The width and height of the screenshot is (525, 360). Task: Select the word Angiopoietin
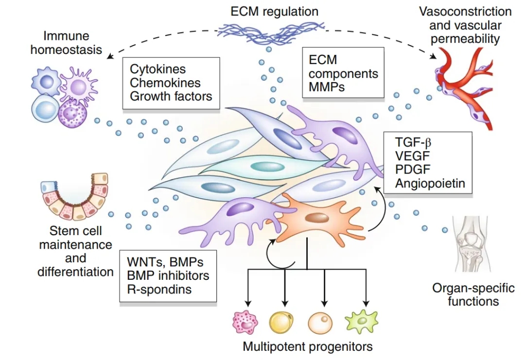(430, 184)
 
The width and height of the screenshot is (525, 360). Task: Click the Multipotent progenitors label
(308, 347)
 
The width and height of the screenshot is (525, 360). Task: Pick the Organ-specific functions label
(473, 294)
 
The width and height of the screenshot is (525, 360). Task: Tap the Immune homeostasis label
(73, 43)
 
